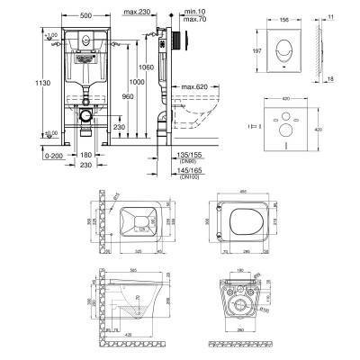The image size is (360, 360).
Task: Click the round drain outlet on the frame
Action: click(x=84, y=116)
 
